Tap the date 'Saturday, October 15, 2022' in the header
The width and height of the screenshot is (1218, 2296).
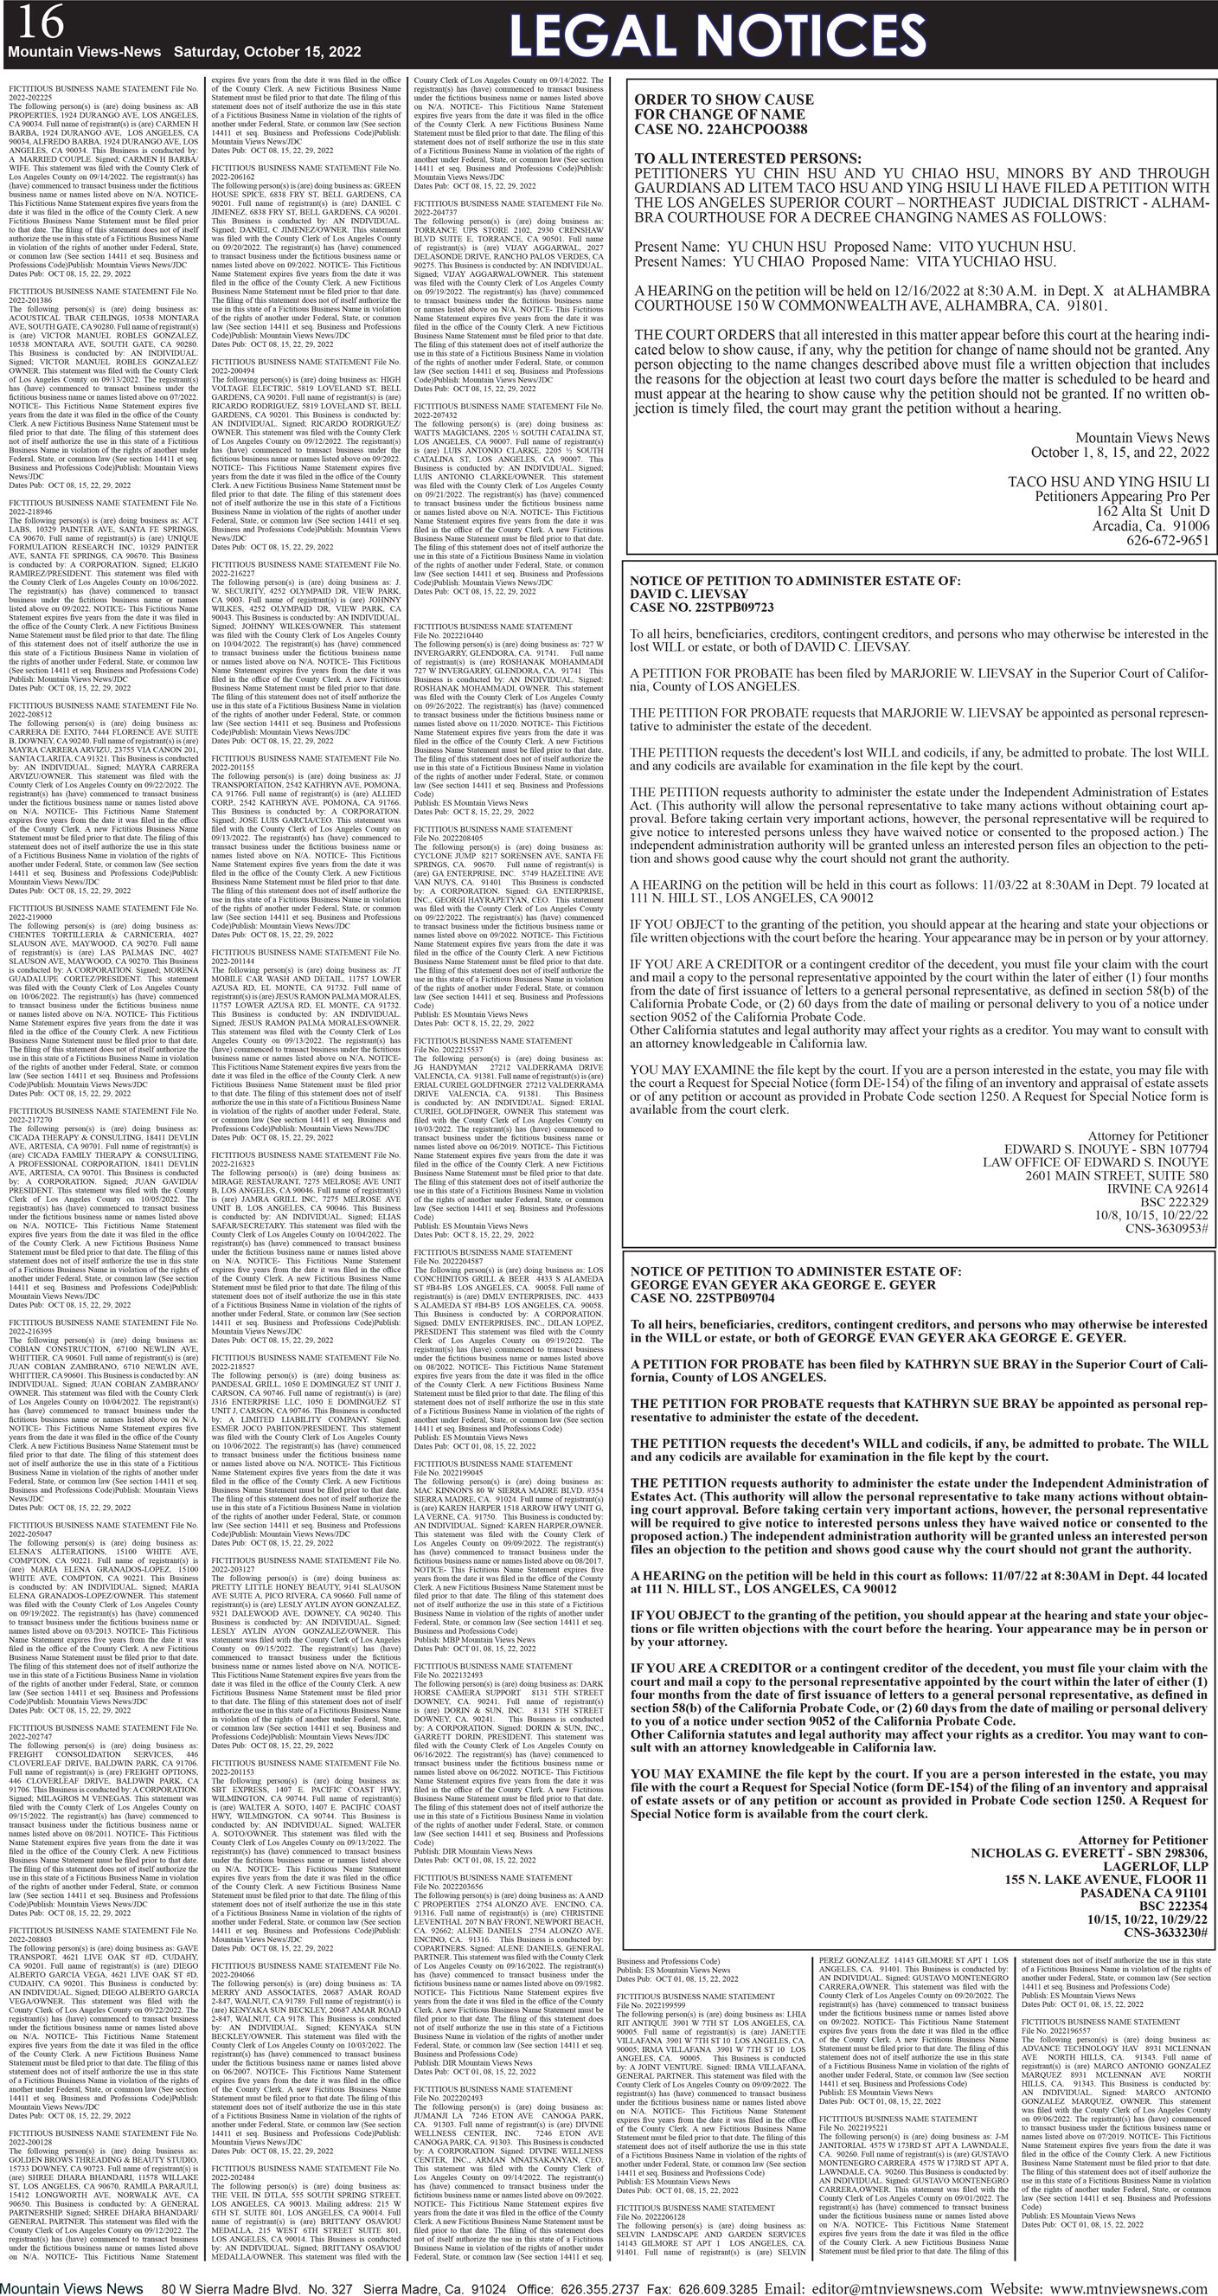(267, 52)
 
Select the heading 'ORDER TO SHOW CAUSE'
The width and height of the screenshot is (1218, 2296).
(723, 99)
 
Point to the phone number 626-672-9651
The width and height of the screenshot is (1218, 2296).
(1167, 540)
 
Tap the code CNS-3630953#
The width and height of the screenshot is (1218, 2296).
(1164, 1228)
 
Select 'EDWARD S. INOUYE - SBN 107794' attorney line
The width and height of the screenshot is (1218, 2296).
(1106, 1149)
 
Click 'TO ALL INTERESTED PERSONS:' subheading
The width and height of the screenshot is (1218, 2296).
(747, 158)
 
